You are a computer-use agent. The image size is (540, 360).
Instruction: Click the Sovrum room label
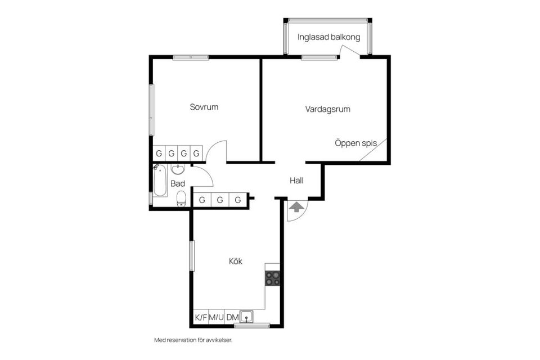click(204, 107)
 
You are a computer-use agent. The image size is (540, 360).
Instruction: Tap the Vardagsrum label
click(327, 109)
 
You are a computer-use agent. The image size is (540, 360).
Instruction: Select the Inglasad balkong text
click(328, 38)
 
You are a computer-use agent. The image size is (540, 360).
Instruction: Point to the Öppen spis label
click(355, 143)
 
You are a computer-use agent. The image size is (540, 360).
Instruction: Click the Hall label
click(296, 181)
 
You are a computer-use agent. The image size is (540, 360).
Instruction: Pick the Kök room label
click(236, 261)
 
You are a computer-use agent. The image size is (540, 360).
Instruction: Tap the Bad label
click(178, 183)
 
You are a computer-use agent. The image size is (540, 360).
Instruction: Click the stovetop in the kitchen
click(273, 277)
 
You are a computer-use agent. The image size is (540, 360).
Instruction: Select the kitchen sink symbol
click(246, 317)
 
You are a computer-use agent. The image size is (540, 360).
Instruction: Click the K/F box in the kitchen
click(201, 317)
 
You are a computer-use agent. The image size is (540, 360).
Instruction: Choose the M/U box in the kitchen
click(217, 317)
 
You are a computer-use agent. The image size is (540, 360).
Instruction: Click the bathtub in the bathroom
click(160, 181)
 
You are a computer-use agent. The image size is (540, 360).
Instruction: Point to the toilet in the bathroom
click(182, 198)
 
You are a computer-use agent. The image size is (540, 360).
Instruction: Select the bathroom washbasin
click(178, 169)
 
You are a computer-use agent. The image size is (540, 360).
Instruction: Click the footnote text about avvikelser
click(193, 340)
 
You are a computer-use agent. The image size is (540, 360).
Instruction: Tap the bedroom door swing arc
click(217, 151)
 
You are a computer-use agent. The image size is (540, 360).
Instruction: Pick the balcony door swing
click(349, 51)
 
